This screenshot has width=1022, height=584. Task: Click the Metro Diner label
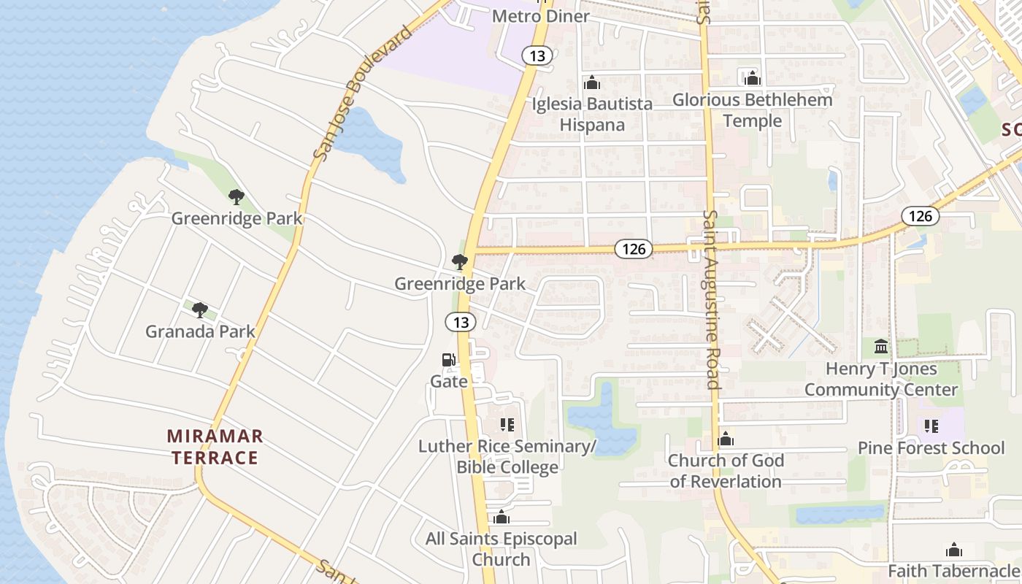(x=541, y=16)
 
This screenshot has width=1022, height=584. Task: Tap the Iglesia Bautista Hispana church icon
(x=592, y=83)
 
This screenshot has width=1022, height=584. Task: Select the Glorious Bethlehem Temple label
(x=753, y=109)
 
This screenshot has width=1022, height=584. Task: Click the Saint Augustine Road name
(x=712, y=299)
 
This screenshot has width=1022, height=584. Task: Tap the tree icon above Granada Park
(x=200, y=310)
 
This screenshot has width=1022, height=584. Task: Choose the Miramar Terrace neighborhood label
(x=214, y=447)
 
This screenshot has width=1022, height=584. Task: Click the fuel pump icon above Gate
(x=448, y=360)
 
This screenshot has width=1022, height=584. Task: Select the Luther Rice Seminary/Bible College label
(x=507, y=456)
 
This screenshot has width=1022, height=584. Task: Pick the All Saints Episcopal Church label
(x=501, y=549)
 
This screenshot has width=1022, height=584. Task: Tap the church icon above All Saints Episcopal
(x=501, y=518)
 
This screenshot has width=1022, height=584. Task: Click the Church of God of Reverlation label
(x=726, y=471)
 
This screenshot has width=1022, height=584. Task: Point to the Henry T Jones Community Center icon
(x=881, y=346)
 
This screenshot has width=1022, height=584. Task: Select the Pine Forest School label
(x=931, y=447)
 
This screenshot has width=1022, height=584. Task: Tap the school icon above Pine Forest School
(x=931, y=426)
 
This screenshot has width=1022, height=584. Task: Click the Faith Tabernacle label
(x=953, y=570)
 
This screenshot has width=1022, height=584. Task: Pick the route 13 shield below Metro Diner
(x=537, y=55)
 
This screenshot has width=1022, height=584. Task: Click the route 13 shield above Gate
(x=461, y=321)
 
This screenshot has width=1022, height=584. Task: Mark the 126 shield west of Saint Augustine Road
(x=633, y=249)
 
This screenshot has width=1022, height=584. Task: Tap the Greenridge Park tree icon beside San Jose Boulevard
(x=236, y=196)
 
